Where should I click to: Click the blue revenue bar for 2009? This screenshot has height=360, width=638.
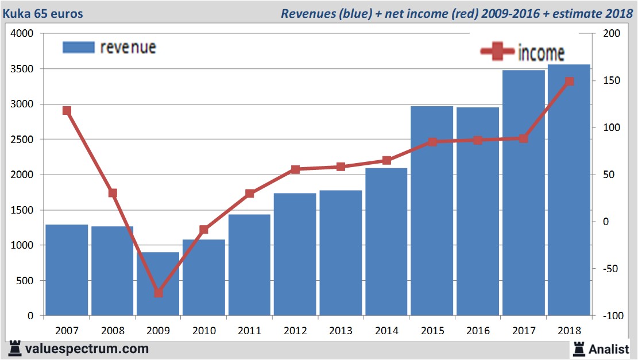158,284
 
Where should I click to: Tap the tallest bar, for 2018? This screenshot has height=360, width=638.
569,189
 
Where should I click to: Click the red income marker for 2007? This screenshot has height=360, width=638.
67,111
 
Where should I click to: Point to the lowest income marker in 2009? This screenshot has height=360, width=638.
158,293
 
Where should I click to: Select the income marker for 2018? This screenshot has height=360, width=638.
569,82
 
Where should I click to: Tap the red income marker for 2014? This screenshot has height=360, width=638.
386,160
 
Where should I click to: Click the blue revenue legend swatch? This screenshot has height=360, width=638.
78,47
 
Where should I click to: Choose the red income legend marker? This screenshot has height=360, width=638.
497,52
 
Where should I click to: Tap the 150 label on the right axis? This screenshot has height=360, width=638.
611,81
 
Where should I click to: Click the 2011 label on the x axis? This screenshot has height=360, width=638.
249,331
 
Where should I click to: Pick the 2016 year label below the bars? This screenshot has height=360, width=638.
478,331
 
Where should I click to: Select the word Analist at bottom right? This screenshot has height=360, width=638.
609,349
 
